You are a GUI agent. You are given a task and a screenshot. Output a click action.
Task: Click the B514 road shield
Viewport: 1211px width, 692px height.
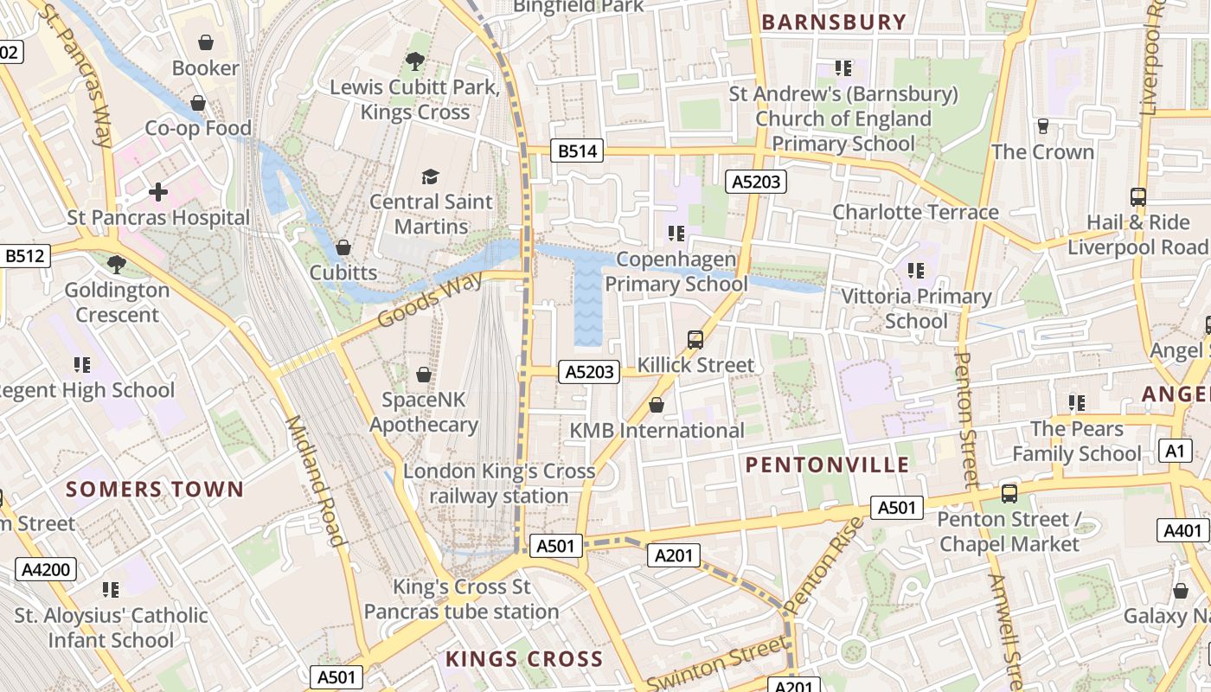click(x=577, y=151)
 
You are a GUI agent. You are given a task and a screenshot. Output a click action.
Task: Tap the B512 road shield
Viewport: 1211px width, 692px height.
click(x=25, y=255)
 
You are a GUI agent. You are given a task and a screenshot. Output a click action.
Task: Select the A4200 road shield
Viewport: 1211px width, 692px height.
click(x=45, y=568)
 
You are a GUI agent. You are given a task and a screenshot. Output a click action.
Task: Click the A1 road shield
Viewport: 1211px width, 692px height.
click(x=1174, y=451)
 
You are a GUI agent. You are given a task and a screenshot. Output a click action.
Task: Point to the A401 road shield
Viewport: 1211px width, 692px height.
click(x=1182, y=530)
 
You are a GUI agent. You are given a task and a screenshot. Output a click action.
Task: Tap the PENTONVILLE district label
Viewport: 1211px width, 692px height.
click(x=827, y=465)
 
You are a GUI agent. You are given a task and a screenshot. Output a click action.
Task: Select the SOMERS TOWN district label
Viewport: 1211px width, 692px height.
click(x=155, y=489)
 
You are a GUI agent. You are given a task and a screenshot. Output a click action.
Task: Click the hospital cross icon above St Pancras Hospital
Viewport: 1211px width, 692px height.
click(x=158, y=192)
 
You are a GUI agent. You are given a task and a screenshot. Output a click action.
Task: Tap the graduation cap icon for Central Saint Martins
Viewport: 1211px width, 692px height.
click(x=431, y=176)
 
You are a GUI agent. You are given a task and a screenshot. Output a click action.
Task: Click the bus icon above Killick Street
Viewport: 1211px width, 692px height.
click(x=695, y=339)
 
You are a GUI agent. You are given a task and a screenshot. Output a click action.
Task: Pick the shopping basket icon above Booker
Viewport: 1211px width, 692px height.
click(x=206, y=42)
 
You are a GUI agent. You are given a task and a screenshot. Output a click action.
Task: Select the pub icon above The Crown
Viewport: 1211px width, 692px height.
click(x=1042, y=126)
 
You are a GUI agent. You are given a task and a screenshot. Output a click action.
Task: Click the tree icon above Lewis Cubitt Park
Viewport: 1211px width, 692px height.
click(x=415, y=61)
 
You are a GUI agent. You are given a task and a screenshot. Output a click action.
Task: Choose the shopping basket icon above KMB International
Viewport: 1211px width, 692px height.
click(x=657, y=405)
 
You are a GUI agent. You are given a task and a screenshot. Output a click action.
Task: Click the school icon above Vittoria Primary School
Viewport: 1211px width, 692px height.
click(x=916, y=271)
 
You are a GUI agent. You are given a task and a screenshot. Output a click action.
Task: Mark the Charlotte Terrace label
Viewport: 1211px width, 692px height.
click(x=915, y=212)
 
